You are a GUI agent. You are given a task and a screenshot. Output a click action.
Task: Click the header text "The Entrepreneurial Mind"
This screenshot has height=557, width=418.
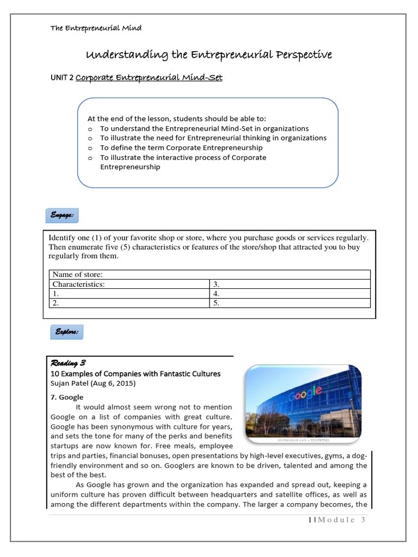(x=96, y=28)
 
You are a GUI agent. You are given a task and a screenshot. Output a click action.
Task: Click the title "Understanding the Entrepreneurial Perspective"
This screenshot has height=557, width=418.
(x=210, y=55)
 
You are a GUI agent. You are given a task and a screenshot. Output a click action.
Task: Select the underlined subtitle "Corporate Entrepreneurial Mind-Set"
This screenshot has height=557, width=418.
(x=149, y=78)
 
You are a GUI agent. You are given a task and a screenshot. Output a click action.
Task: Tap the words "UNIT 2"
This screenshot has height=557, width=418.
(x=62, y=78)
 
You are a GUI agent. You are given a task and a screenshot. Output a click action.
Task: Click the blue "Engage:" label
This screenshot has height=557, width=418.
(x=62, y=215)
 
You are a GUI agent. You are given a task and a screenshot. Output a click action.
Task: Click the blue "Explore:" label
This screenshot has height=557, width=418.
(x=66, y=331)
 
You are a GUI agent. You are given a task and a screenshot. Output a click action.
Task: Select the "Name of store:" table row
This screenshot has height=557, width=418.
(x=210, y=275)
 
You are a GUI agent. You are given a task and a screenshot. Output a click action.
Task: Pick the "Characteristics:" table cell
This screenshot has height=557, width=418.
(x=130, y=284)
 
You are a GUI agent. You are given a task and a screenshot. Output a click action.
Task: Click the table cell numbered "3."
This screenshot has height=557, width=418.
(x=290, y=284)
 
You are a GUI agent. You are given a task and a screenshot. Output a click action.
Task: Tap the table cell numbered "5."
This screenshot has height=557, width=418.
(x=290, y=303)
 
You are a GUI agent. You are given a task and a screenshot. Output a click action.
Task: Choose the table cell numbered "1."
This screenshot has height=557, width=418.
(x=130, y=293)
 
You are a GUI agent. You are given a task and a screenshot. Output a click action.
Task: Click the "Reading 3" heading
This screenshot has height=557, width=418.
(x=68, y=363)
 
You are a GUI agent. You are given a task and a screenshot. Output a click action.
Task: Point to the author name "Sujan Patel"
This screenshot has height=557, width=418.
(x=71, y=383)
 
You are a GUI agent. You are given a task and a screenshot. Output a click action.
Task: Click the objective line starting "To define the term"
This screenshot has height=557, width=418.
(x=181, y=147)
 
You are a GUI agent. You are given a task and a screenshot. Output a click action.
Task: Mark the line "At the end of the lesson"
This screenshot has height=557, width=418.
(x=177, y=119)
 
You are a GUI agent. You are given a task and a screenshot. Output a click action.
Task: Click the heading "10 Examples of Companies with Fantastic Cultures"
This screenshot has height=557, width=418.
(x=136, y=374)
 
